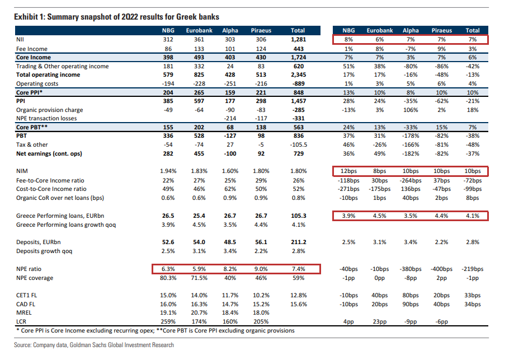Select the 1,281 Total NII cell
tap(299, 40)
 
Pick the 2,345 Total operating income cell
tap(299, 75)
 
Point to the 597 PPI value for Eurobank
tap(200, 101)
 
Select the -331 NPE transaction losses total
tap(299, 119)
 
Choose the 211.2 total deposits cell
tap(299, 242)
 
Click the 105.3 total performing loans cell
tap(299, 216)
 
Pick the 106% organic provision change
tap(412, 110)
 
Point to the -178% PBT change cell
tap(411, 136)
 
